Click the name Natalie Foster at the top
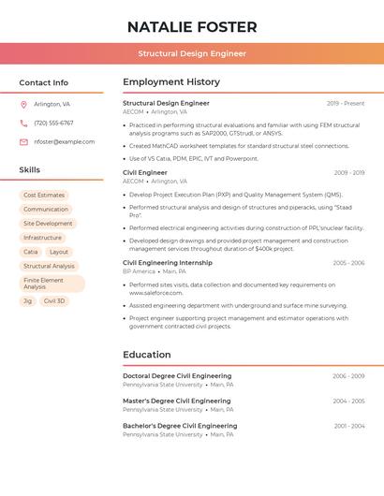point(192,26)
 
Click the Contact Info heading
point(44,82)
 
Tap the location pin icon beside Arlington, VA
point(23,105)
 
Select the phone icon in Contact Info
point(23,124)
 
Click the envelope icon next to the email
point(23,142)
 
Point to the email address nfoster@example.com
point(64,142)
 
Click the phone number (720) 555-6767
point(53,124)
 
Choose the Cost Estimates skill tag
point(44,196)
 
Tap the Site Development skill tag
point(48,224)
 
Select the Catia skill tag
point(31,252)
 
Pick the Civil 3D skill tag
point(54,301)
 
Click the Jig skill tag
point(28,301)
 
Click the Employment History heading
point(171,82)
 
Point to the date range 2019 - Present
point(346,104)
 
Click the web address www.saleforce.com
point(156,293)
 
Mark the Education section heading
point(147,355)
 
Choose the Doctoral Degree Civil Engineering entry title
point(177,376)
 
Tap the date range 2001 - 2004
point(349,426)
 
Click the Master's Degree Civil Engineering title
point(176,401)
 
